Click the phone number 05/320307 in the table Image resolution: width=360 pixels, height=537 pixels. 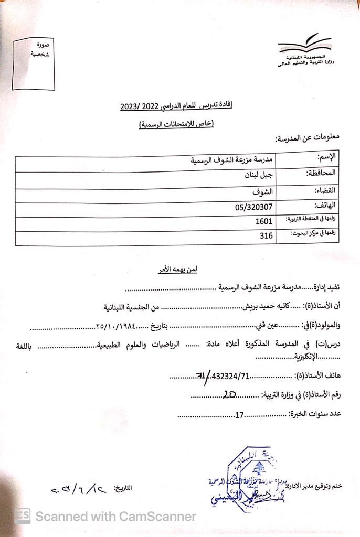click(254, 207)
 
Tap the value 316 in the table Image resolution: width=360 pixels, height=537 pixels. click(266, 237)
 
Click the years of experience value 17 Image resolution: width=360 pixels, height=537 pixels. click(239, 414)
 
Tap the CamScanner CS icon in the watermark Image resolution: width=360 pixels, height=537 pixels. click(22, 516)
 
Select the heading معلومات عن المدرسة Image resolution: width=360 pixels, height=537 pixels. click(308, 138)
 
